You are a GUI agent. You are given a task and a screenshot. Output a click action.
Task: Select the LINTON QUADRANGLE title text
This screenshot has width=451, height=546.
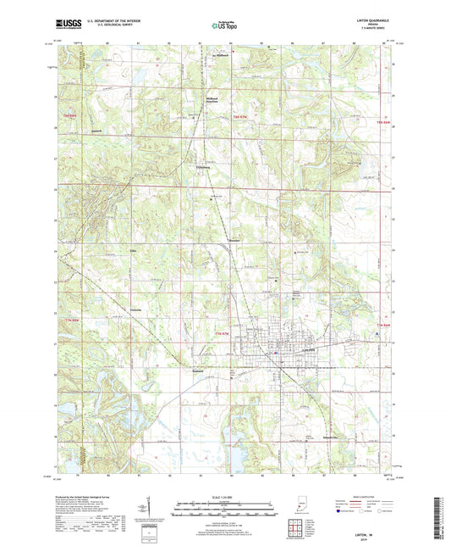click(371, 21)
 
